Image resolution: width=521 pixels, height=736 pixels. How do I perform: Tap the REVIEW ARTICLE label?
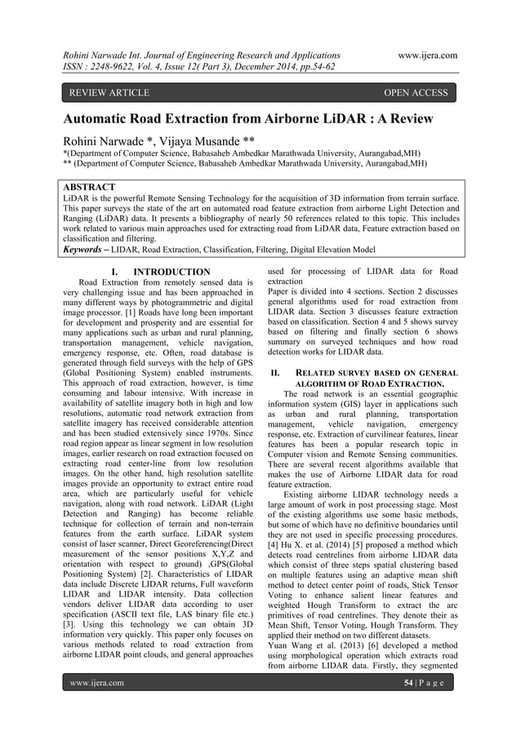[109, 93]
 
